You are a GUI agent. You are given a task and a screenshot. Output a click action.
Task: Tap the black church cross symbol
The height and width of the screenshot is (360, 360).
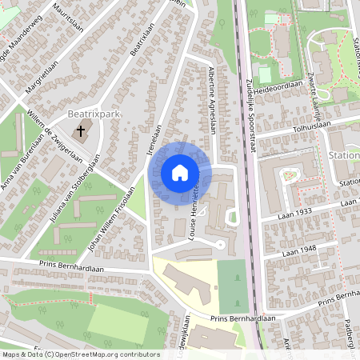tap(81, 130)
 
